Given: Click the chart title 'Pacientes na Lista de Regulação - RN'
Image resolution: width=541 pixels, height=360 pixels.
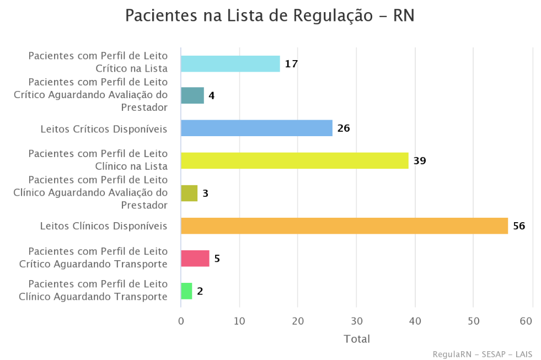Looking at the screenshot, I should point(270,15).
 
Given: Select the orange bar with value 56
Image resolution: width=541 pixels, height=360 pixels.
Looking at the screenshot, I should point(344,226).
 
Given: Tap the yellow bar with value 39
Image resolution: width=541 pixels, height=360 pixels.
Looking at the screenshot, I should point(294,161).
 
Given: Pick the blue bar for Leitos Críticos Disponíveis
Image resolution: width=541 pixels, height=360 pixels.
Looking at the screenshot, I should point(256,128).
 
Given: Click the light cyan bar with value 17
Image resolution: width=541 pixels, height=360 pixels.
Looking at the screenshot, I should point(230,64).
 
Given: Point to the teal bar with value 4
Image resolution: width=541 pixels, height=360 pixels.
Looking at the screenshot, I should point(192,96).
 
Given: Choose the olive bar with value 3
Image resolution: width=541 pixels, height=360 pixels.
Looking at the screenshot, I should point(189,194).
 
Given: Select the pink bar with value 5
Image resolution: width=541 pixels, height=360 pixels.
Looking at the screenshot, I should point(195,259).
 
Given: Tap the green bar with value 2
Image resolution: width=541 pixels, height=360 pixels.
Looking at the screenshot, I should point(186,291).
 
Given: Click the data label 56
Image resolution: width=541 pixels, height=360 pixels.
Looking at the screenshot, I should point(519,226).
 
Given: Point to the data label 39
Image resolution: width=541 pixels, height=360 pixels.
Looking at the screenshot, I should point(420,161).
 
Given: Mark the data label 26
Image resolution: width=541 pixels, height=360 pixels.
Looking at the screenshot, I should point(344,128).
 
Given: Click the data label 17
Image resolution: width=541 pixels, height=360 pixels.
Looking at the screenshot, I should point(291,64).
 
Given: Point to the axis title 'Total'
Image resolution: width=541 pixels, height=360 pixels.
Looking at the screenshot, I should point(357,338).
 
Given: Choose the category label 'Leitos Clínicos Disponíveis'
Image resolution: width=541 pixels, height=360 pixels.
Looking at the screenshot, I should point(104,226).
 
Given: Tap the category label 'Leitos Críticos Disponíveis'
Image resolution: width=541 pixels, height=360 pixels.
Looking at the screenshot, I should point(104,129).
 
